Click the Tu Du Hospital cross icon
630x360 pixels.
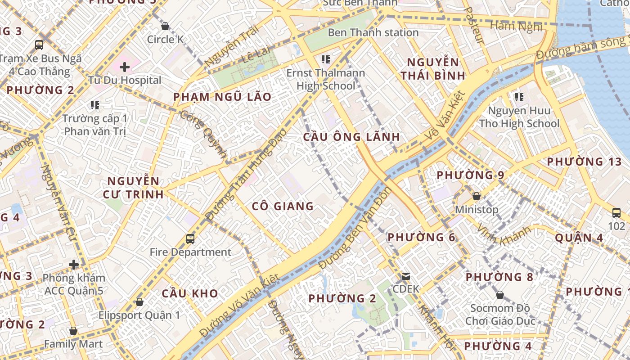125,67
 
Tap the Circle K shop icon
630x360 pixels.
165,26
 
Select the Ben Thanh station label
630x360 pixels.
373,32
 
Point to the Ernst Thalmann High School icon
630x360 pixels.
326,59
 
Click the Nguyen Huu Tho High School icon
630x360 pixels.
519,97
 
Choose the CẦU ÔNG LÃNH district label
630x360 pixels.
351,137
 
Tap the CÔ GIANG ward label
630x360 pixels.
283,206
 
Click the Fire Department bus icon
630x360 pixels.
190,239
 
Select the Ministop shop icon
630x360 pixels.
477,197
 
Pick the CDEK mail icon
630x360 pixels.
406,276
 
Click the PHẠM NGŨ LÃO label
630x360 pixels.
222,97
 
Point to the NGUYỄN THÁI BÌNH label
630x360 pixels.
433,69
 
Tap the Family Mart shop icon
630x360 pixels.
73,331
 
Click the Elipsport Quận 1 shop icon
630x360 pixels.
139,302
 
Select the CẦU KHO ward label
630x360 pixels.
190,293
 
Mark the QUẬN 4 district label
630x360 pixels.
579,238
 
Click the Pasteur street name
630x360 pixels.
474,25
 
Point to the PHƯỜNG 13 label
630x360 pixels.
584,162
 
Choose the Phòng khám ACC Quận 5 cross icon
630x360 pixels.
74,265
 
